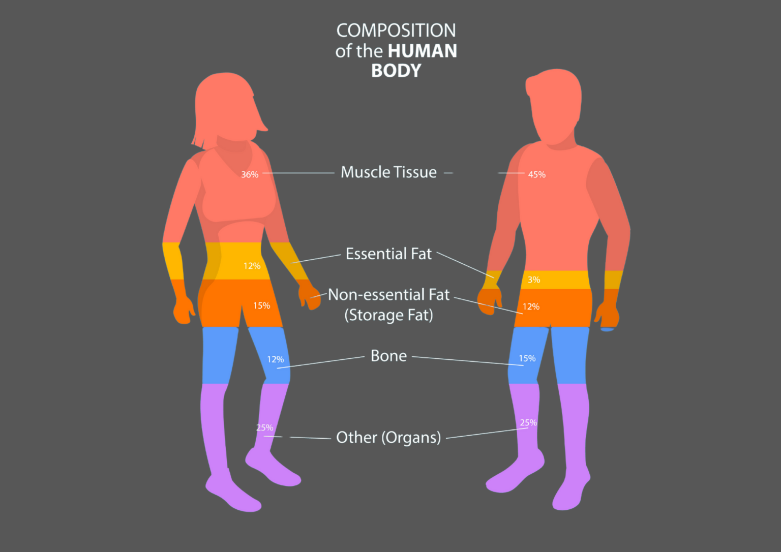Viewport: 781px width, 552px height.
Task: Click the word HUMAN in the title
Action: tap(423, 51)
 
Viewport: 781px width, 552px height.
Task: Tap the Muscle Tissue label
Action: tap(388, 172)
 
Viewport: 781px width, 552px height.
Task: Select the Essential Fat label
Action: tap(388, 254)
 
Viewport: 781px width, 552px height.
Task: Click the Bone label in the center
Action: tap(388, 356)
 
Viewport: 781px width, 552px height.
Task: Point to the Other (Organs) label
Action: tap(388, 437)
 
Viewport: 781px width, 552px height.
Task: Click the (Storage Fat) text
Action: tap(388, 315)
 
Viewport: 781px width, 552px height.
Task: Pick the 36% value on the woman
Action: tap(250, 174)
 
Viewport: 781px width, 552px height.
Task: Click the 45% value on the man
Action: tap(536, 174)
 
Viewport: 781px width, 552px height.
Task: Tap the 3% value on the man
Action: tap(534, 280)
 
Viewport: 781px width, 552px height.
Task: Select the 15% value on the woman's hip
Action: tap(261, 305)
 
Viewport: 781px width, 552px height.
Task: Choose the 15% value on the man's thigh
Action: tap(527, 358)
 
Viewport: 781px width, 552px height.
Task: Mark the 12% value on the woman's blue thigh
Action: tap(275, 359)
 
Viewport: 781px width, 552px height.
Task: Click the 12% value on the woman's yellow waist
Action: tap(252, 266)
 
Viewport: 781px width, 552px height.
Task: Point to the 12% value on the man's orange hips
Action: tap(531, 306)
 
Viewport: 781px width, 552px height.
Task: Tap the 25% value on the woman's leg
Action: tap(264, 427)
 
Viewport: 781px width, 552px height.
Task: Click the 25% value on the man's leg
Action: tap(528, 422)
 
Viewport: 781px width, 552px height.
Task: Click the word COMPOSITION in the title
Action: tap(396, 30)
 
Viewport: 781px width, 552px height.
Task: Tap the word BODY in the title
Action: tap(396, 71)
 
